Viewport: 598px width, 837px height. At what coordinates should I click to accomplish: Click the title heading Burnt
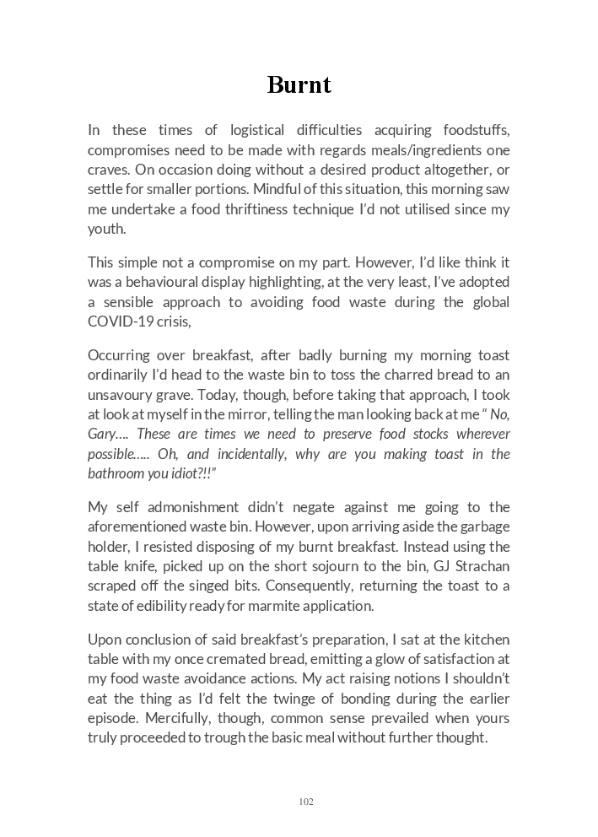[x=299, y=85]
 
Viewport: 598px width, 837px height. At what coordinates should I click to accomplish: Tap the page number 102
[x=306, y=802]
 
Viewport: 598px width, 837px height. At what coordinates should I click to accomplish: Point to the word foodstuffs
[x=476, y=130]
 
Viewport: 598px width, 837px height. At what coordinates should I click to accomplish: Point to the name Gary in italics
[x=103, y=434]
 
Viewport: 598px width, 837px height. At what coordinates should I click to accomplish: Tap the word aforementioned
[x=142, y=526]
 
